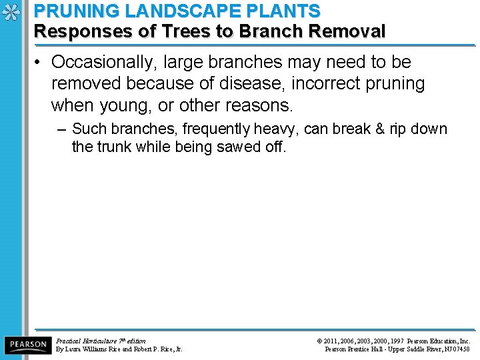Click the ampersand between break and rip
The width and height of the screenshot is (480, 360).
(381, 129)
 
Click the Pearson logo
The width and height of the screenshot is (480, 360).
(27, 345)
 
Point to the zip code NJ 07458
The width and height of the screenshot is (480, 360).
(457, 349)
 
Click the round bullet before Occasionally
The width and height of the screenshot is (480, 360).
(39, 63)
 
